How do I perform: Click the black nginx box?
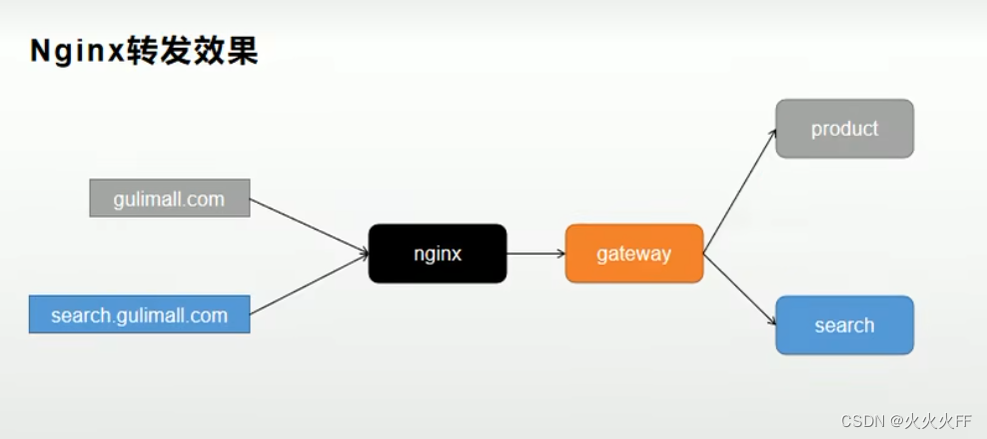coord(438,253)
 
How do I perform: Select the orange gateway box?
coord(634,253)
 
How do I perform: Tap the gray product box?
coord(844,128)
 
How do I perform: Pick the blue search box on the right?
coord(844,325)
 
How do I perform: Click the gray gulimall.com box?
coord(169,199)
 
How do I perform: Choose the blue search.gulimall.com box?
coord(139,315)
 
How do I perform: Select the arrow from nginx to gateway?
coord(535,253)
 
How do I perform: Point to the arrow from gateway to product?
coord(739,191)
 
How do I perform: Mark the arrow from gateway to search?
coord(739,289)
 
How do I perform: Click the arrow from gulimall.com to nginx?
coord(308,226)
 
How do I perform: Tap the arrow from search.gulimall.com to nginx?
coord(308,285)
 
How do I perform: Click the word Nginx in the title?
coord(76,52)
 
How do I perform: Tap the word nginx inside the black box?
coord(438,253)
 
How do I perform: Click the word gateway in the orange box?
coord(634,253)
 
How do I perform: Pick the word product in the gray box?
coord(844,128)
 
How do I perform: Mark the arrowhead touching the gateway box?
coord(559,253)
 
